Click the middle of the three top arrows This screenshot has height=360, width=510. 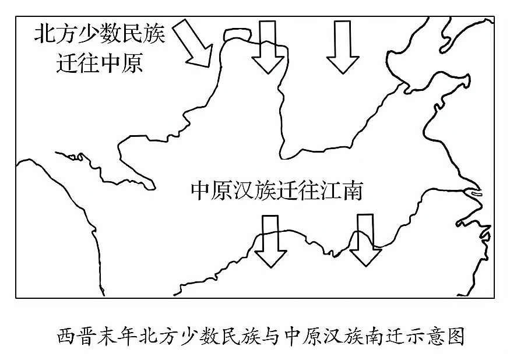click(268, 47)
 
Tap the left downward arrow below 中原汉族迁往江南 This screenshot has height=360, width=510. click(270, 241)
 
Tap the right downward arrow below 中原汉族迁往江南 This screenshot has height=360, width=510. click(365, 239)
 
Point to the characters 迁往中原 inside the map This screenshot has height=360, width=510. click(100, 62)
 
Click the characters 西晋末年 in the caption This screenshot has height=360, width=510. click(93, 336)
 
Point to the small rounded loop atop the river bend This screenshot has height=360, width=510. click(237, 35)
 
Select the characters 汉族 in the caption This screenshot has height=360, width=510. click(340, 336)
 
